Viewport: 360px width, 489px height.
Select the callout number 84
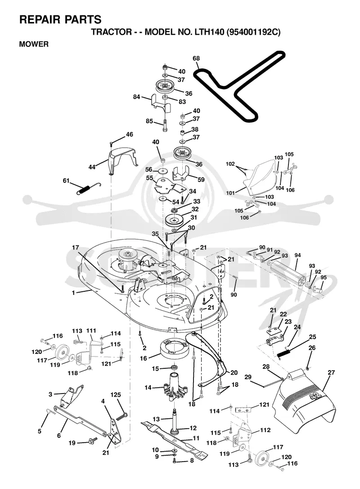136,97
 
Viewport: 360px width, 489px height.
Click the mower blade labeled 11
175,440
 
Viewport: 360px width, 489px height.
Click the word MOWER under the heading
34,44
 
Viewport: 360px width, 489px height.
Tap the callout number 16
144,358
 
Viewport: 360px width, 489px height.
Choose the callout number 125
116,395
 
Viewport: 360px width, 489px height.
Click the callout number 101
231,193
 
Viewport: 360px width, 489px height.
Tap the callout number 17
76,248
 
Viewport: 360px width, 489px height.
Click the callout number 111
91,331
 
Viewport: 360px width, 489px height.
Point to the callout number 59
201,180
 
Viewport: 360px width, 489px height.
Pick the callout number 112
265,430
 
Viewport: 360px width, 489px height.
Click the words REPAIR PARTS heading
60,19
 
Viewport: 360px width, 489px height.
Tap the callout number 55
149,178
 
